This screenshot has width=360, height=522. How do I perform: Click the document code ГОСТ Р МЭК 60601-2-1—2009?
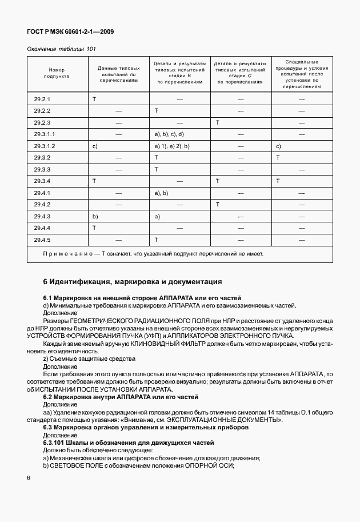point(70,32)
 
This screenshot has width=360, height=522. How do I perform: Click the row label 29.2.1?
point(42,99)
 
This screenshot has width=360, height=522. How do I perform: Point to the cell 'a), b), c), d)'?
point(169,134)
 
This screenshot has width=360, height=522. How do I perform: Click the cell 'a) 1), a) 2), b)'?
point(172,146)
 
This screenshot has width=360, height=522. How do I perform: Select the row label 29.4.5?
point(42,240)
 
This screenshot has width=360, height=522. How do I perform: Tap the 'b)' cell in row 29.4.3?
point(95,216)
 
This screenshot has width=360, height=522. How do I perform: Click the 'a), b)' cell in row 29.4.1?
point(161,193)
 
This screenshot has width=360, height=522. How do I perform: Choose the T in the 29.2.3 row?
point(218,122)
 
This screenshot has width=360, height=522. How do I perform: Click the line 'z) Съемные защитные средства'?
point(89,358)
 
